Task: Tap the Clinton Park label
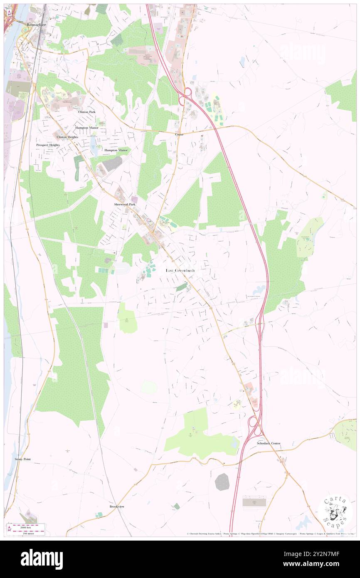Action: coord(86,112)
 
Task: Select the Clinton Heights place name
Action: coord(67,137)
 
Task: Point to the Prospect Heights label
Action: coord(48,145)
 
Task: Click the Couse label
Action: coord(179,134)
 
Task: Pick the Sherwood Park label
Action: coord(125,205)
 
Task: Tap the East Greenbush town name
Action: coord(180,270)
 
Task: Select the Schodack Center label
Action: coord(268,443)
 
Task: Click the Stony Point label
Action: coord(23,459)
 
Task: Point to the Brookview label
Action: coord(117,506)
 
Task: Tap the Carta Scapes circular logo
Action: coord(335,511)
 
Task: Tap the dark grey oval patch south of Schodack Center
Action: coord(222,482)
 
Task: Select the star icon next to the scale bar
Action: coord(9,529)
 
